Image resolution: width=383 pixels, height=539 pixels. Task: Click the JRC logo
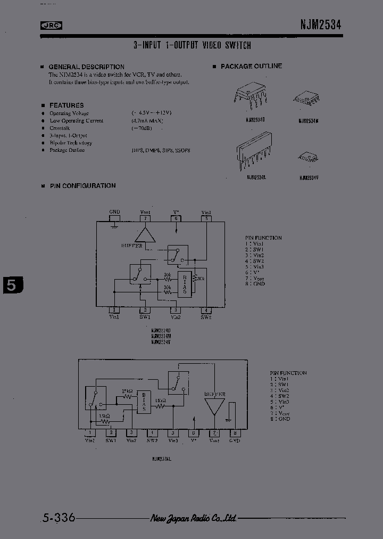[52, 24]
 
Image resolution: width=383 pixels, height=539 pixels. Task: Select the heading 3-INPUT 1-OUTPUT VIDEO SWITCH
[192, 46]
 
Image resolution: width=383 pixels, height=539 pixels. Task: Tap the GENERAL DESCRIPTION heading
[86, 67]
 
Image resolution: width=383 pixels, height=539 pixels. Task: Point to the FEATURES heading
[66, 105]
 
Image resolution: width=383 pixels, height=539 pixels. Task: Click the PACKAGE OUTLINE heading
[251, 67]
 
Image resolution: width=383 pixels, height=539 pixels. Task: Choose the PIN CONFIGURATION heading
[82, 186]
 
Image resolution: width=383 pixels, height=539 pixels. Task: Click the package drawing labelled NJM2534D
[249, 97]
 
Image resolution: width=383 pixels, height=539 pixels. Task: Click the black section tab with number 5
[12, 285]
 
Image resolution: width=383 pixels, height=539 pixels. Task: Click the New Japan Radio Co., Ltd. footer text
[193, 518]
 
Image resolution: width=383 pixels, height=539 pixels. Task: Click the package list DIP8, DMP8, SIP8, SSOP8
[161, 151]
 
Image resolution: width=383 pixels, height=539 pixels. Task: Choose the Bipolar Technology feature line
[70, 143]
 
